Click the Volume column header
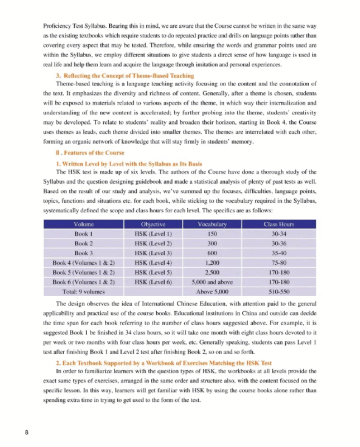tap(84, 225)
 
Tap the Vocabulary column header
tap(212, 225)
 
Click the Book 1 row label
tap(84, 234)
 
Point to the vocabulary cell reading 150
tap(212, 234)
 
